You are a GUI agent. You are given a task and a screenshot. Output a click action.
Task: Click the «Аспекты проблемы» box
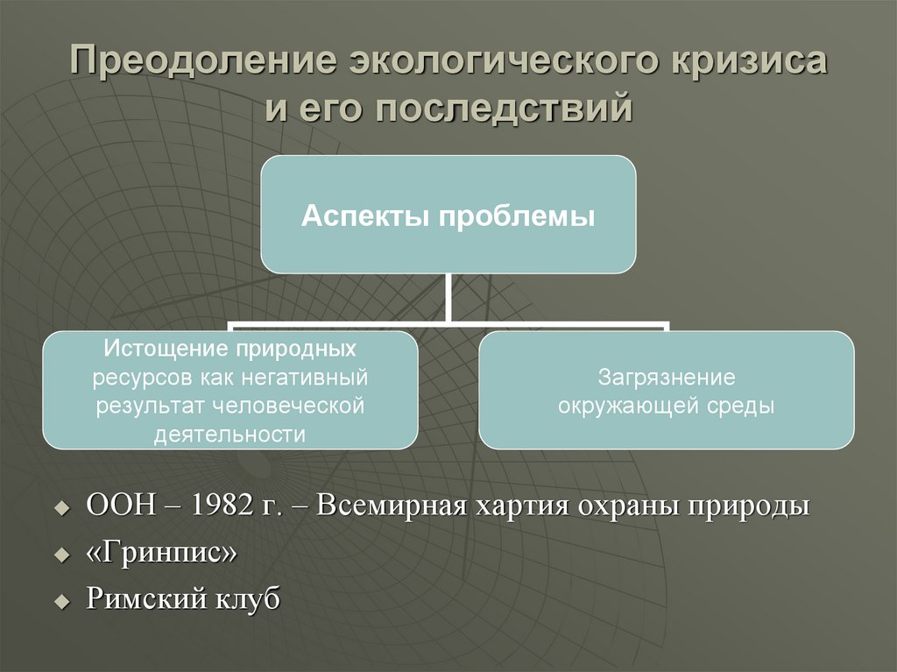click(448, 214)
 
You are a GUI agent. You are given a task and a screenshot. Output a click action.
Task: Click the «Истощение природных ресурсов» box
click(230, 390)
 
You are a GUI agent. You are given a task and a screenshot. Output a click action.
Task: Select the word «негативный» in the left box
click(313, 378)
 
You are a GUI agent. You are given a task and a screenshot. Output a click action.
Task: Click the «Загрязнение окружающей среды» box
click(666, 390)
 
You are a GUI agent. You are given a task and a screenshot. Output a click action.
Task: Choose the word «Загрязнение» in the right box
click(666, 378)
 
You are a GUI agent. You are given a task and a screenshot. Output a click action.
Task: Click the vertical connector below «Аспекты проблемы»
click(448, 298)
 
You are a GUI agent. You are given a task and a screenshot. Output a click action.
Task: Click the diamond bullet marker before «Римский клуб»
click(61, 603)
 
